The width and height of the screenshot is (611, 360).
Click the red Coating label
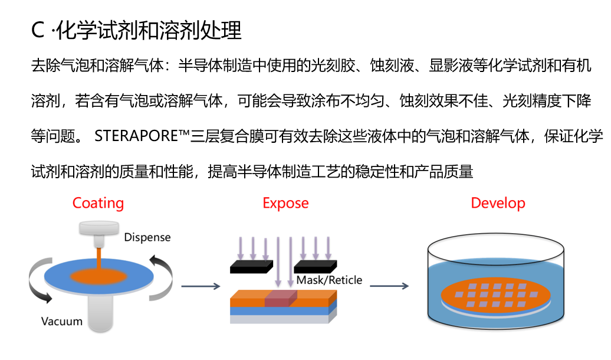[98, 204]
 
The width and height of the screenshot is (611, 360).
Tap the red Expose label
[285, 204]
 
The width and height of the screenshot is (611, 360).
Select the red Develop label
[498, 204]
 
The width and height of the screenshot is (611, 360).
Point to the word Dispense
[147, 237]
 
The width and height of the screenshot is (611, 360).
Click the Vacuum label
[62, 322]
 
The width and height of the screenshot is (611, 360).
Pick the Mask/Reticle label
[329, 280]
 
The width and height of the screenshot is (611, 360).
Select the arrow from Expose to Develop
[389, 287]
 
